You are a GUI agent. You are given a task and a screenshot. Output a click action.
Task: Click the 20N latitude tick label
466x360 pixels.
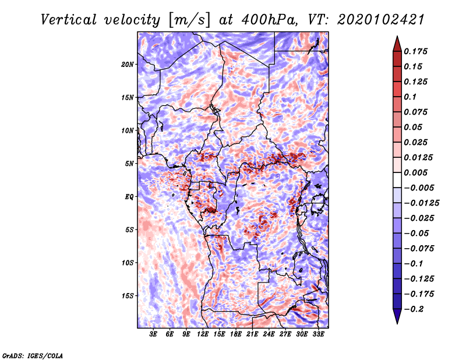tap(128, 64)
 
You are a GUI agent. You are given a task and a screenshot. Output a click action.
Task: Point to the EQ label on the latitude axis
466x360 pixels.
tap(129, 197)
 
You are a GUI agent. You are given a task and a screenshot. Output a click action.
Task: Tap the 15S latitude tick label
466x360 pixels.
tap(128, 296)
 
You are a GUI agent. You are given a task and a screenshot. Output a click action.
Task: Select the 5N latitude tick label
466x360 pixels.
tap(130, 164)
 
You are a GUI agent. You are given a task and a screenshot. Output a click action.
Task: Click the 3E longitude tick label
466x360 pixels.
tap(154, 334)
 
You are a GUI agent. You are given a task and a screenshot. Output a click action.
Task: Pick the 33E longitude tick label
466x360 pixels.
tap(319, 334)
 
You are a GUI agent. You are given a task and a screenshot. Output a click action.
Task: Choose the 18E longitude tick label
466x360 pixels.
tap(236, 334)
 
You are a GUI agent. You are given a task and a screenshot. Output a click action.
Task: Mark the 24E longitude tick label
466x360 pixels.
tap(269, 334)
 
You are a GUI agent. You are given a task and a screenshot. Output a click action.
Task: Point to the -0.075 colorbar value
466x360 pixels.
tap(418, 248)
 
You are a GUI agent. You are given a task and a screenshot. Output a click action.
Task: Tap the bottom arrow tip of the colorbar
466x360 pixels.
tap(396, 322)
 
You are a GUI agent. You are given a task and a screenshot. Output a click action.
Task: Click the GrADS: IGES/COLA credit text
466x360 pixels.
tap(33, 355)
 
